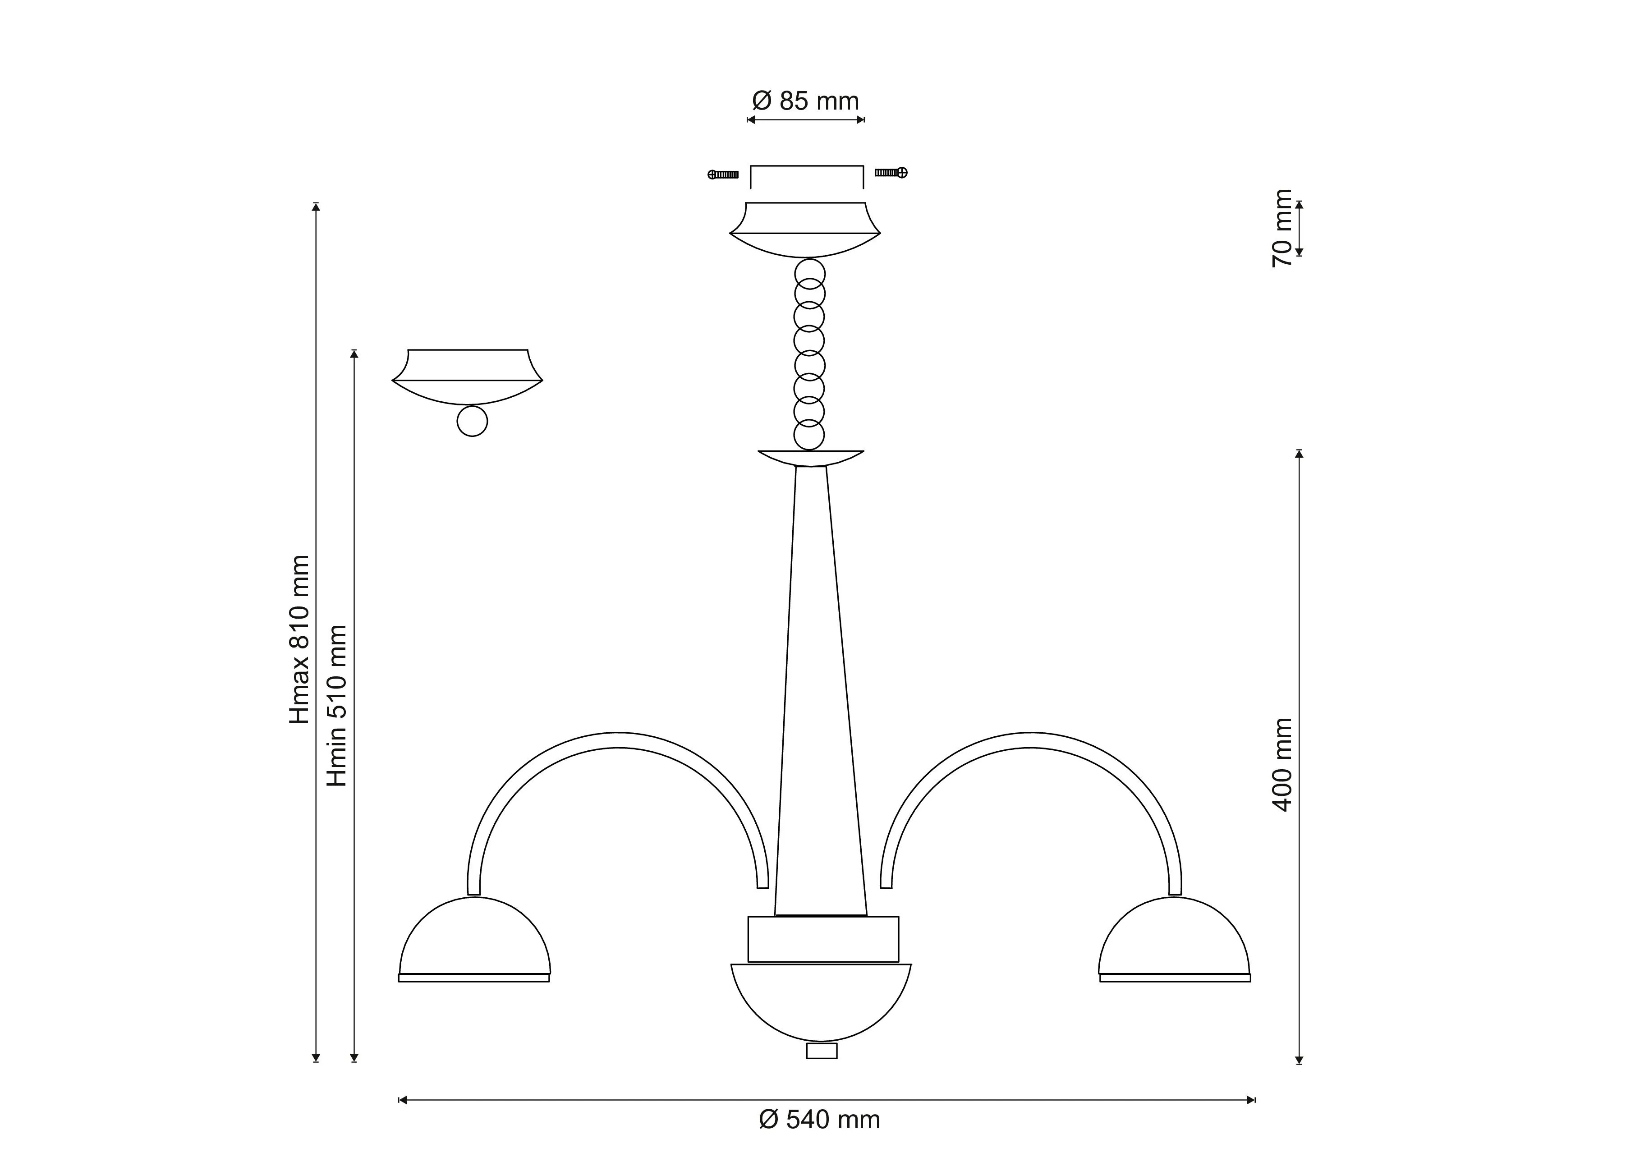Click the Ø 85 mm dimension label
[805, 101]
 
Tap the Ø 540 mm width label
[820, 1120]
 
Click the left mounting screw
[723, 175]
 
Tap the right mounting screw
[891, 172]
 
